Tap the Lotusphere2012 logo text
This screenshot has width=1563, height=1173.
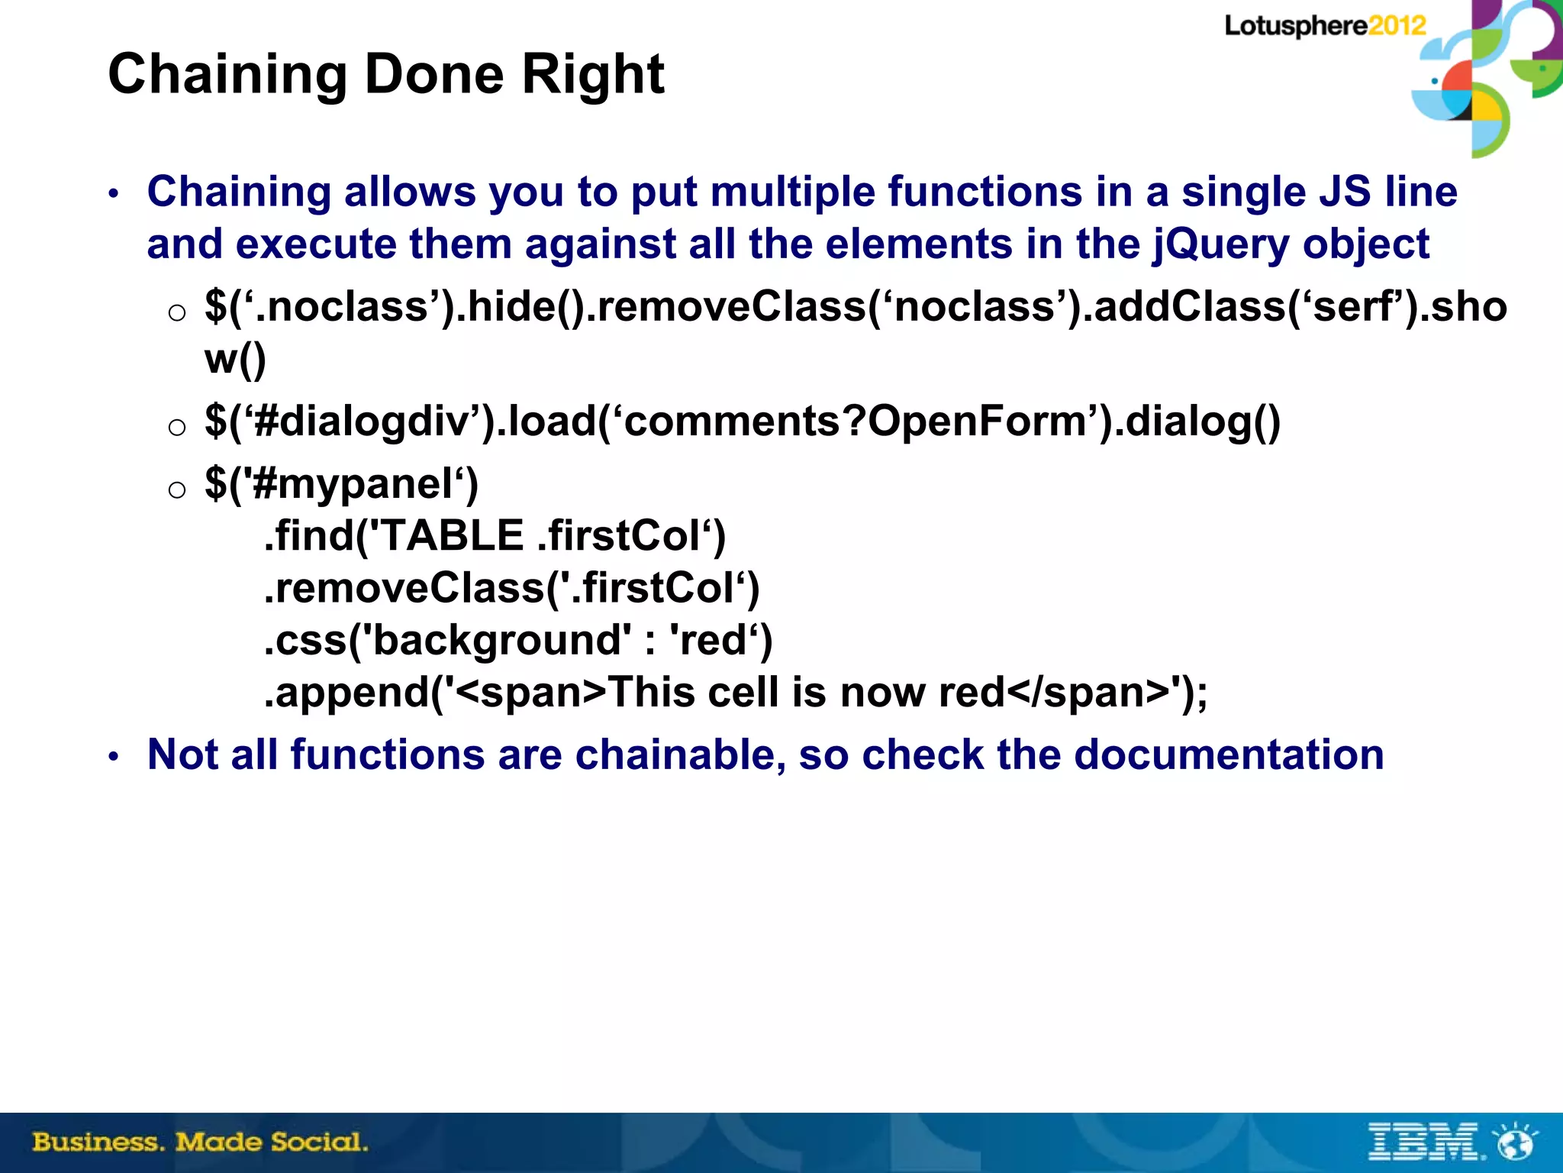point(1325,26)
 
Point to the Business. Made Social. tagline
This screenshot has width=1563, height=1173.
point(200,1142)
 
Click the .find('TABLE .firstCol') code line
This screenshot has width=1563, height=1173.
point(495,535)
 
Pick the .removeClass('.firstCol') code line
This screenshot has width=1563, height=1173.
point(511,588)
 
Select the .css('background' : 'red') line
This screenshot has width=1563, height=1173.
point(517,640)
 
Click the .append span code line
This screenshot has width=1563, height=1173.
point(735,693)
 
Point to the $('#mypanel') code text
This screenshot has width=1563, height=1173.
point(341,484)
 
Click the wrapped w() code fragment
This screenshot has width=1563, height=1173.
point(235,359)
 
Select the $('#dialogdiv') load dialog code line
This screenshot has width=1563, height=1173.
point(742,422)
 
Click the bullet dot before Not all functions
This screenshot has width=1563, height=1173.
point(114,757)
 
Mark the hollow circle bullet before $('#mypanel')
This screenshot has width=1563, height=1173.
point(177,490)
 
